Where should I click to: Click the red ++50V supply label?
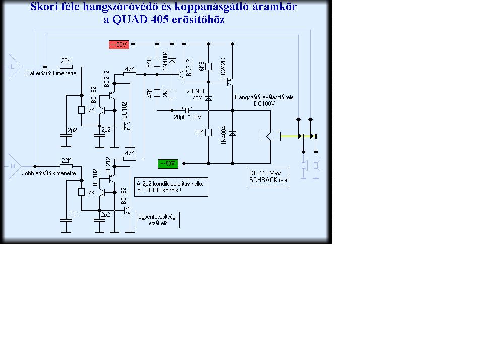coord(119,45)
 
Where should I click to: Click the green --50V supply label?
coord(168,164)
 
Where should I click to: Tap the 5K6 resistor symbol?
coord(157,63)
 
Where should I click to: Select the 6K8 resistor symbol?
coord(208,66)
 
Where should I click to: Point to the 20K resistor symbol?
coord(208,132)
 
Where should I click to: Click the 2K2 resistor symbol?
coord(172,94)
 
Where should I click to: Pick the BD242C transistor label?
coord(223,68)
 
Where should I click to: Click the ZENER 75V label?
coord(197,94)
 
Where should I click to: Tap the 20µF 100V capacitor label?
coord(187,117)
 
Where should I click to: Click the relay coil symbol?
coord(270,136)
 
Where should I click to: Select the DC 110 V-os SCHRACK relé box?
coord(268,177)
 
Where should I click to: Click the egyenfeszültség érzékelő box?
coord(157,220)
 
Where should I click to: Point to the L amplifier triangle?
coord(15,67)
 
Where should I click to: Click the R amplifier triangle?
coord(15,166)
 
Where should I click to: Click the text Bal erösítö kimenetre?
coord(51,73)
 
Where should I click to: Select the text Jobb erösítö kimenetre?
coord(49,173)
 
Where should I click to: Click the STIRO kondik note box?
coord(171,187)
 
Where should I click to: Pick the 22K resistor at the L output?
coord(66,67)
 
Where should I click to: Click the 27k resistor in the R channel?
coord(81,192)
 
